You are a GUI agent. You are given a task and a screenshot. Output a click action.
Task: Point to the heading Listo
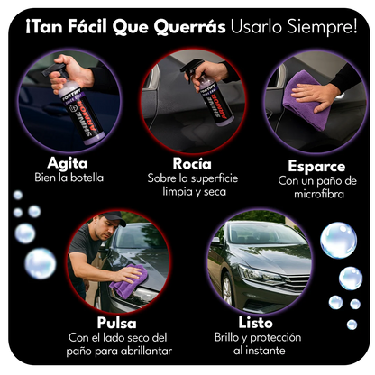point(256,322)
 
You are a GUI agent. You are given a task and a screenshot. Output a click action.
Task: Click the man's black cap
point(112,218)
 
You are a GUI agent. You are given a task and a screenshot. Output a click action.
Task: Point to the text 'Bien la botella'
point(69,178)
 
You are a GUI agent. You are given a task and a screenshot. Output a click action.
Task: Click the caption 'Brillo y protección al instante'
point(257,343)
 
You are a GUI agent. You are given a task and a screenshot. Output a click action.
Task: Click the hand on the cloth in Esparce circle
point(319,93)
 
